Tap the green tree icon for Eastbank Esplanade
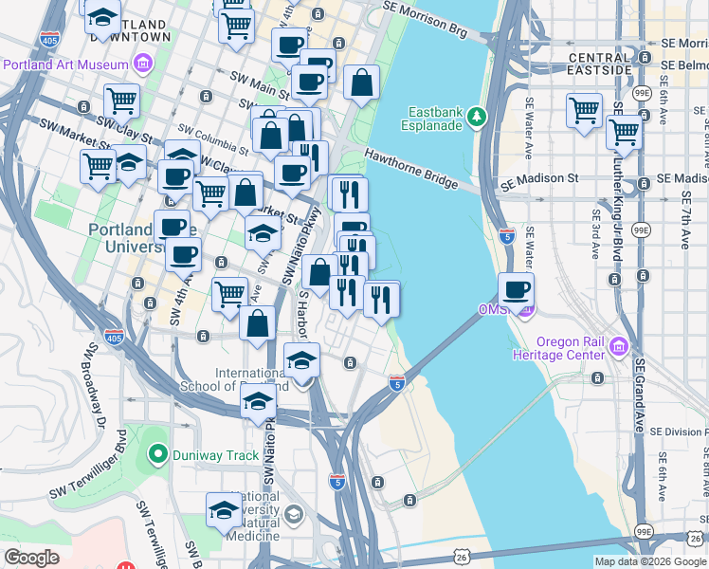479,115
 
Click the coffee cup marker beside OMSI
516,290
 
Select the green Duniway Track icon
158,455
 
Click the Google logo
31,558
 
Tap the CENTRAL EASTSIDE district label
598,64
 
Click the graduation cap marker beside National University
224,509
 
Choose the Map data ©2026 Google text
648,561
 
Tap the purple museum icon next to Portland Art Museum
144,64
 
